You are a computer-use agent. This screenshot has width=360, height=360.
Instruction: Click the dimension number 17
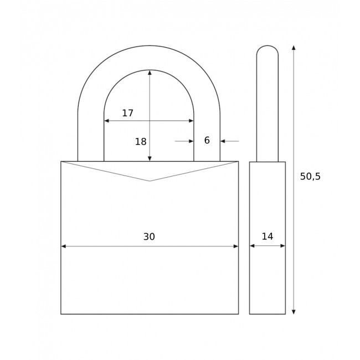coord(127,113)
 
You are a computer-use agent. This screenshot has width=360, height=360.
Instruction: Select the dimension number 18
coord(141,142)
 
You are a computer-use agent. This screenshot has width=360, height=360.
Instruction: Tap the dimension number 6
coord(207,140)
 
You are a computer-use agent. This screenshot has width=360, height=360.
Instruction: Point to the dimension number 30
coord(149,236)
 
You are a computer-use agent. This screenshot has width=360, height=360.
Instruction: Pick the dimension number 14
coord(268,236)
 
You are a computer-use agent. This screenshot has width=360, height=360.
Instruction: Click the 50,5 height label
coord(310,176)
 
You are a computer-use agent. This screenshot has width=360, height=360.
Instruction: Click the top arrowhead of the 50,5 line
coord(294,48)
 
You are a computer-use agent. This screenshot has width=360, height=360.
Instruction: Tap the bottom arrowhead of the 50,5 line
coord(294,312)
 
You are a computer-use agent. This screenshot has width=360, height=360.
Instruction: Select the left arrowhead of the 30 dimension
coord(63,246)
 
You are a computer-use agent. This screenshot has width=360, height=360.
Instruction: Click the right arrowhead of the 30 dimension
coord(236,246)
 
